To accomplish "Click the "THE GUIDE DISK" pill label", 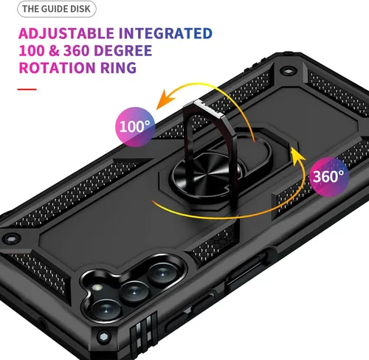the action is [x=57, y=9].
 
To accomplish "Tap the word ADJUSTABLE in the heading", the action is [x=66, y=33].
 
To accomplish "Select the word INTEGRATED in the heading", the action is [x=165, y=33].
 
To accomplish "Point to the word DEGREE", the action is [x=123, y=51].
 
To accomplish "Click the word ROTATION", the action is [x=58, y=68].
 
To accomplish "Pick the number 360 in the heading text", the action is [x=76, y=51].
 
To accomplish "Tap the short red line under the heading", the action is [x=27, y=89].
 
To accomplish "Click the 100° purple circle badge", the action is [x=135, y=127].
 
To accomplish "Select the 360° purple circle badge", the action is [x=328, y=177].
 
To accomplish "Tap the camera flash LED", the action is [x=97, y=287].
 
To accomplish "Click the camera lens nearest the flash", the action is [x=106, y=311].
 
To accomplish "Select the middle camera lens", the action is [x=134, y=292].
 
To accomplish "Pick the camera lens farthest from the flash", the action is [x=162, y=273].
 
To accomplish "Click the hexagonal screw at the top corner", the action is [x=287, y=72].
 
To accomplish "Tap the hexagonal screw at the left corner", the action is [x=11, y=238].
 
